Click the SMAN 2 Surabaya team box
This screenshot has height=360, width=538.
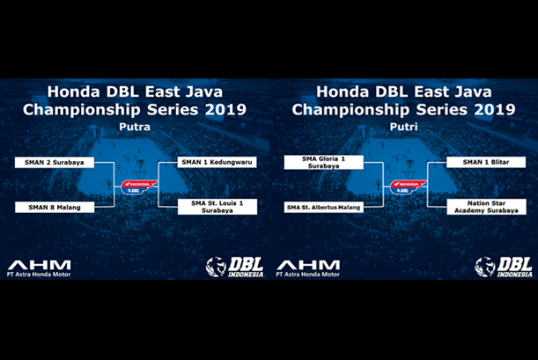(x=55, y=163)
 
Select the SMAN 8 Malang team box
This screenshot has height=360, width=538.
(x=55, y=208)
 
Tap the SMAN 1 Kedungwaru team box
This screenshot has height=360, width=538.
(x=217, y=162)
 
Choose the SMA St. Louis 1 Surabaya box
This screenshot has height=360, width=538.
(x=217, y=207)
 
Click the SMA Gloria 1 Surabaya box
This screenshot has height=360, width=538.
(x=324, y=162)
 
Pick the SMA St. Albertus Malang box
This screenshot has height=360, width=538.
(x=324, y=208)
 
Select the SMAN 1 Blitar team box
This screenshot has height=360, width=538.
(x=486, y=162)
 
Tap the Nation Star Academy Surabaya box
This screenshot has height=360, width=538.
(x=487, y=207)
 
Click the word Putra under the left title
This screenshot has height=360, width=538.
(x=135, y=128)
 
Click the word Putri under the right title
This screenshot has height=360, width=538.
(x=403, y=128)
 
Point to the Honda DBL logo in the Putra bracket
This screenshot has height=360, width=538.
(x=138, y=187)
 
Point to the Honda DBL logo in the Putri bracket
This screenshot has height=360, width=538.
(x=408, y=187)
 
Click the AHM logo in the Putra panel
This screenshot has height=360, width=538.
(x=39, y=268)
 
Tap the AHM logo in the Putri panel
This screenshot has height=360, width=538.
(x=308, y=268)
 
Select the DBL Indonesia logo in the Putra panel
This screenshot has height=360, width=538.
(x=235, y=267)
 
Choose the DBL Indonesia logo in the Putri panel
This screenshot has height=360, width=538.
(x=504, y=267)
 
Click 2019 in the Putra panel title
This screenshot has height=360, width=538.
(x=225, y=110)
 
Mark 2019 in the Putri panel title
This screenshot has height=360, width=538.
(x=495, y=110)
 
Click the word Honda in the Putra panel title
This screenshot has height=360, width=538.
(x=73, y=92)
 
